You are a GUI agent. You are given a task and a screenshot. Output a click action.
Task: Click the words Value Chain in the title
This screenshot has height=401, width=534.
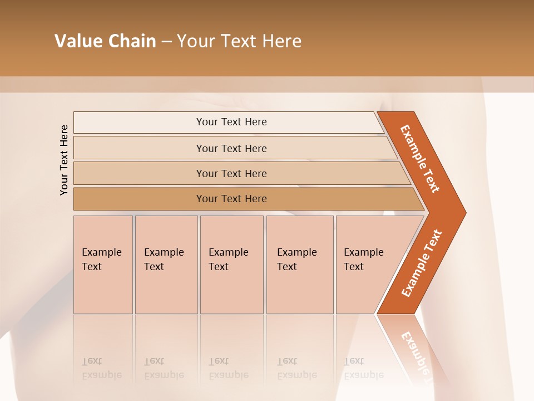[x=105, y=41]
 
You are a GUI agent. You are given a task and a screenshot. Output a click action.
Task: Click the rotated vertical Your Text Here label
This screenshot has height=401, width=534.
[x=64, y=160]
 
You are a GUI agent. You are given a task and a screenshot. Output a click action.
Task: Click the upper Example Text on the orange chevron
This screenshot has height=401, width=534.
[x=420, y=159]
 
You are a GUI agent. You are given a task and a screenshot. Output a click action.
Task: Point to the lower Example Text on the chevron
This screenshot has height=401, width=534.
[x=421, y=263]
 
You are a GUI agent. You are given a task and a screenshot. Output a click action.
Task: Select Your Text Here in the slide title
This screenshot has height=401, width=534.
[x=239, y=41]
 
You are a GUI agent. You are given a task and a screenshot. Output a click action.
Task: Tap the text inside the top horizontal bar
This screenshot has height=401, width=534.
[x=231, y=122]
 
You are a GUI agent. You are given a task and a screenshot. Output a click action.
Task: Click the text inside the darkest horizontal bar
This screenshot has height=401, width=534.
[x=231, y=199]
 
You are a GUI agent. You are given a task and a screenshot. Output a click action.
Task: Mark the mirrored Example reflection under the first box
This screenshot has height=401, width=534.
[x=102, y=375]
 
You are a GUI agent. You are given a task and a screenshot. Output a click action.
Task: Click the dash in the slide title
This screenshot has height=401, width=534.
[x=166, y=42]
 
